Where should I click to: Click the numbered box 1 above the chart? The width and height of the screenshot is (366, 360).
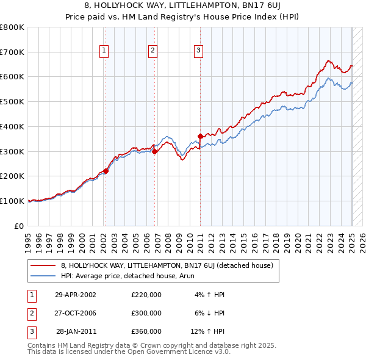[104, 51]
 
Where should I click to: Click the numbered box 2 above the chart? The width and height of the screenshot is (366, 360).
[152, 51]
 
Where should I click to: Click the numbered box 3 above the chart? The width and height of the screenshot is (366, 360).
[198, 51]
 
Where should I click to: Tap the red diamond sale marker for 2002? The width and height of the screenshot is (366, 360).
[106, 171]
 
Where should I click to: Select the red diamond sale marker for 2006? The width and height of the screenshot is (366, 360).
[155, 152]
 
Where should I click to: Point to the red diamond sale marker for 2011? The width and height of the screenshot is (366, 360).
[201, 136]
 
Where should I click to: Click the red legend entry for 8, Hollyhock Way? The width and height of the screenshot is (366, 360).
[170, 265]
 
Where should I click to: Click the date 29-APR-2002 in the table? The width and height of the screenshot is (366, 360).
[76, 295]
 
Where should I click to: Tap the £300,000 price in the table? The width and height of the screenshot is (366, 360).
[146, 313]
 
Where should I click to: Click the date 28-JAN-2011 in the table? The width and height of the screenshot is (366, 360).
[76, 331]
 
